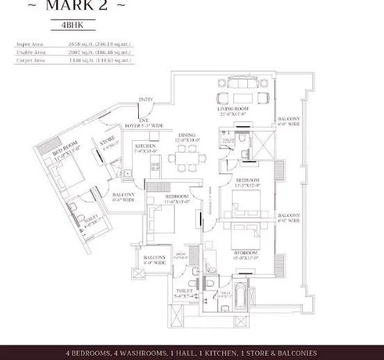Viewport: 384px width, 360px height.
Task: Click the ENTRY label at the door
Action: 146,100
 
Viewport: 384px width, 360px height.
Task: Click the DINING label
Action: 186,135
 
